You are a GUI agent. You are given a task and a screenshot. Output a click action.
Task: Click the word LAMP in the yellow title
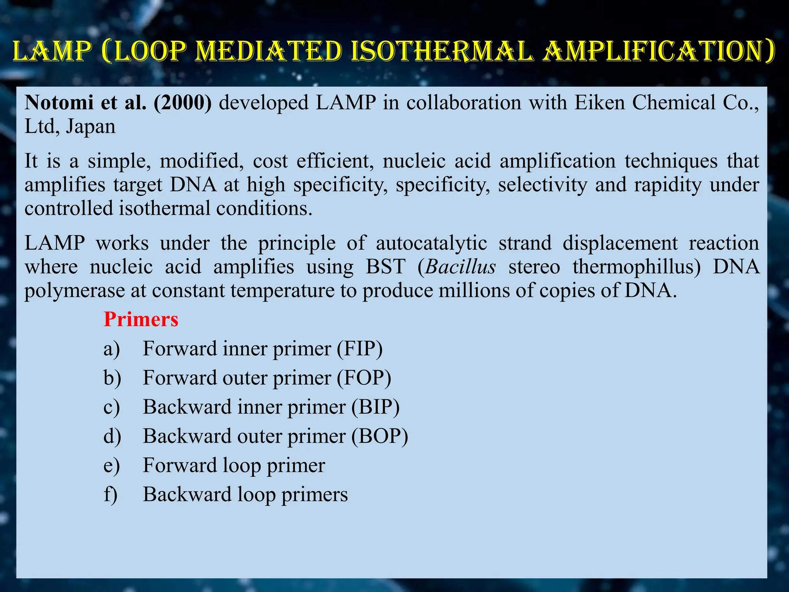tap(53, 51)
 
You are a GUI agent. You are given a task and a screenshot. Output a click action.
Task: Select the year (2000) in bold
tap(183, 103)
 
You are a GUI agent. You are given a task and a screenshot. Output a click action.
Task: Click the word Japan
tap(91, 127)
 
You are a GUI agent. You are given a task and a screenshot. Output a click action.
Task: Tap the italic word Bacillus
tap(461, 267)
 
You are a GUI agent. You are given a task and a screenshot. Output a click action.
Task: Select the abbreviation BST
tap(386, 267)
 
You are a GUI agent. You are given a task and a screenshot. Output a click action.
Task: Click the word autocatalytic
tap(431, 243)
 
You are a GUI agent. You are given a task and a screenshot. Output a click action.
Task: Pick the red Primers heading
tap(141, 320)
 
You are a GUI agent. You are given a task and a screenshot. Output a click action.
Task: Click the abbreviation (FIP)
tap(360, 348)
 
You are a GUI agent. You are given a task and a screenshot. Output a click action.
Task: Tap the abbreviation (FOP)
tap(364, 378)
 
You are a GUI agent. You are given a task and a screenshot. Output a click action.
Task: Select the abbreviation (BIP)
tap(375, 407)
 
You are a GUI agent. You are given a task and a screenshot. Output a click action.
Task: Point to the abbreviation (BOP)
tap(379, 436)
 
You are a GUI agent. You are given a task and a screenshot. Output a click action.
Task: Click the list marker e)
tap(112, 466)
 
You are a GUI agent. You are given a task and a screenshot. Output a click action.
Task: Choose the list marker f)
tap(111, 494)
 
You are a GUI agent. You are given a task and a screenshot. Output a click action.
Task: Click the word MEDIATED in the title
tap(269, 51)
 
